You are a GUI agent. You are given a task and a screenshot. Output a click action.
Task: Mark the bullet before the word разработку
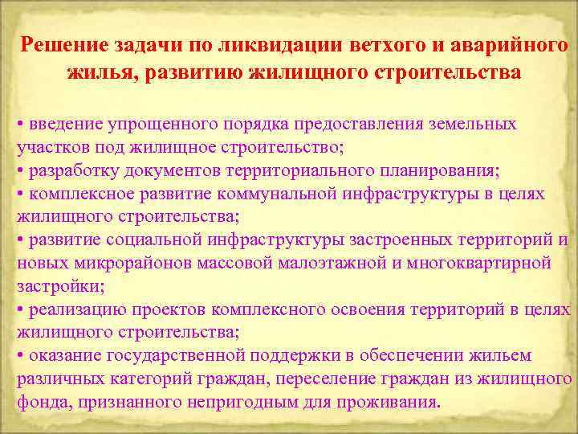20,172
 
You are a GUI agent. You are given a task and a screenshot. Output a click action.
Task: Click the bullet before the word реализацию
20,310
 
